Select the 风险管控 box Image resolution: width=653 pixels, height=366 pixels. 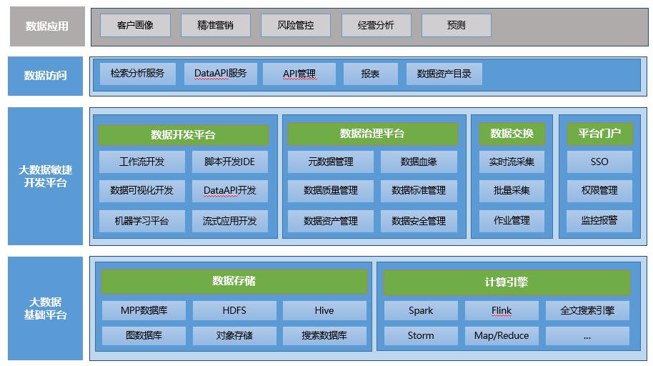click(296, 26)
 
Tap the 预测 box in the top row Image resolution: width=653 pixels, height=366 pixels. click(456, 26)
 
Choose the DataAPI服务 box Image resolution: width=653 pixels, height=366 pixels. click(220, 74)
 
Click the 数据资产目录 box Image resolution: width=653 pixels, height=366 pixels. click(444, 74)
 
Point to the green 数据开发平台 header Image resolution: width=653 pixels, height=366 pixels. click(183, 135)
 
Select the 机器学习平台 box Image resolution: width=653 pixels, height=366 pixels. click(141, 221)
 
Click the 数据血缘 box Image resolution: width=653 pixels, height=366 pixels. click(419, 162)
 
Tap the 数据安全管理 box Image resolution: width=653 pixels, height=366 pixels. click(419, 221)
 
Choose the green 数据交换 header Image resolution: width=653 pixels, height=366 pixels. click(512, 134)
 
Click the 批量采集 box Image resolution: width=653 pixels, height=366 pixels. click(512, 191)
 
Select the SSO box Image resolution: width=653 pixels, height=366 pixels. click(599, 162)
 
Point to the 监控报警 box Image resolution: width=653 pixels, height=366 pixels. click(599, 221)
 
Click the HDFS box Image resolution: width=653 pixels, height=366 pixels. click(234, 310)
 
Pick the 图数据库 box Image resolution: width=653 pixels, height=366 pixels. click(143, 335)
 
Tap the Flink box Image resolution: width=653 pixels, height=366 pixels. click(502, 310)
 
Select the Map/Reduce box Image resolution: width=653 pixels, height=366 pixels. click(502, 335)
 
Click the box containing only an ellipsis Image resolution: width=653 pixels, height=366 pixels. click(587, 335)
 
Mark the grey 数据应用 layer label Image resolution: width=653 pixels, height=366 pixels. click(46, 26)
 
